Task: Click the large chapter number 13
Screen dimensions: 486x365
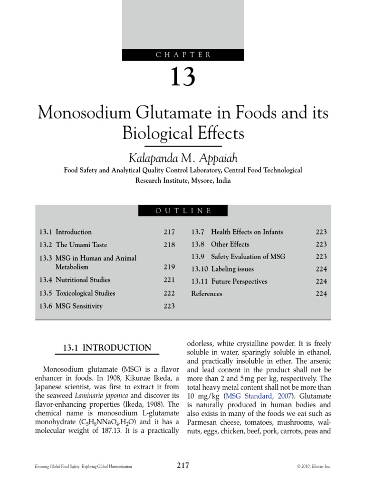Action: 182,77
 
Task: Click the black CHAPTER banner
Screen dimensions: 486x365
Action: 182,55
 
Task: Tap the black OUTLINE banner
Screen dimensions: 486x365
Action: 182,210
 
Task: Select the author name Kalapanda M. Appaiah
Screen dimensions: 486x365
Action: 182,158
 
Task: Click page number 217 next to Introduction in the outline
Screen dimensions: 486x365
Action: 169,232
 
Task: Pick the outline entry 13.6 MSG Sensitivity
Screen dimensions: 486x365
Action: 71,306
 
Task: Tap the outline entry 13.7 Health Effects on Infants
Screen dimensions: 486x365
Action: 237,232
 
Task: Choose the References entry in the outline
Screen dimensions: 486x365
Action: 206,294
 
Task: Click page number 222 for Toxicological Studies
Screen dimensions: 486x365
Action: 169,293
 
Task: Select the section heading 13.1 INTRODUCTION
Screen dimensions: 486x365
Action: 107,348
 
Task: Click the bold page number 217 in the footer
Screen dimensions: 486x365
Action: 182,466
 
